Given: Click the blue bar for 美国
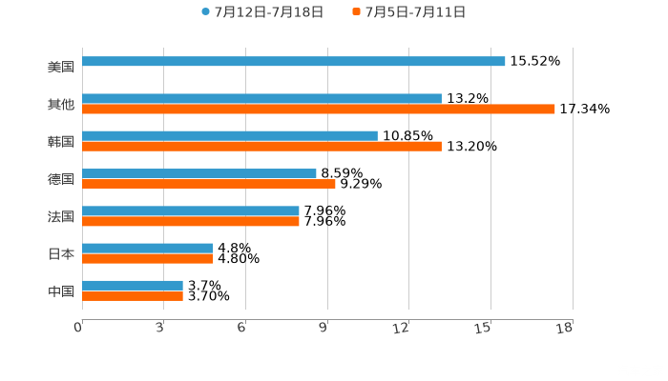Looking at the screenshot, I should [x=294, y=62].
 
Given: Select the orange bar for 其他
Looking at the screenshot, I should [x=319, y=110].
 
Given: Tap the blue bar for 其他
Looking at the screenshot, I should [x=261, y=98].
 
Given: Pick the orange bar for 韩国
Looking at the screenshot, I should [x=261, y=147].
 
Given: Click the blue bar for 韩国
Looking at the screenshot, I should [x=230, y=135].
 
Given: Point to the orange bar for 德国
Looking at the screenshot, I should [x=209, y=184].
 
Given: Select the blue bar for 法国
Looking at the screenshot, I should [x=191, y=211].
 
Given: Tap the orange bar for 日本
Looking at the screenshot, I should [x=148, y=258].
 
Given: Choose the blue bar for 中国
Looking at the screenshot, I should [x=133, y=285].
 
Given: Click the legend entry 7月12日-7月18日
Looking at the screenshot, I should [x=268, y=12].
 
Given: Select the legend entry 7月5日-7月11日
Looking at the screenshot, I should [x=415, y=12].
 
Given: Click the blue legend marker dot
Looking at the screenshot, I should [x=205, y=12].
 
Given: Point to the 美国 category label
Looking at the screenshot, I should [x=60, y=68].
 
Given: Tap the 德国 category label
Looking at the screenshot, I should [x=60, y=179].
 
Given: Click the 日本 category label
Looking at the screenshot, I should [x=60, y=253].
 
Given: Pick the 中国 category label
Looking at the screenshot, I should [x=60, y=291].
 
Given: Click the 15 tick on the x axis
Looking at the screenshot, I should [x=486, y=329].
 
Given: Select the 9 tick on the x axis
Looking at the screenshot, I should [x=324, y=329].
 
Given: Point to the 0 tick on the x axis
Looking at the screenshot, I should [x=79, y=329].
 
